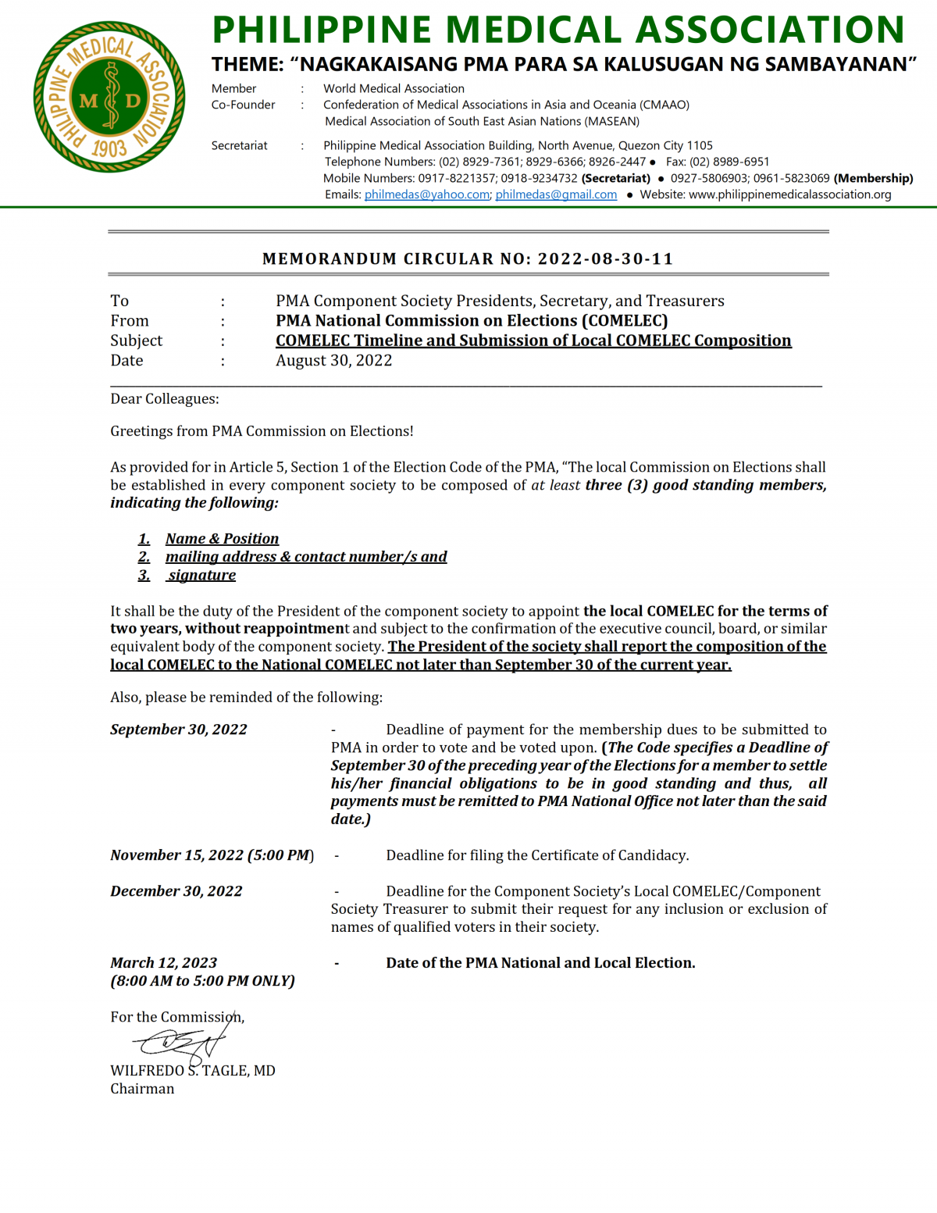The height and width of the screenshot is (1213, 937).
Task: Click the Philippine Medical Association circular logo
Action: tap(109, 97)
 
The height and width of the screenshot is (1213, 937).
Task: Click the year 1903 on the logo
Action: tap(109, 148)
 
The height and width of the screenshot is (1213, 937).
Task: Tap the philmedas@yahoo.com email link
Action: tap(426, 194)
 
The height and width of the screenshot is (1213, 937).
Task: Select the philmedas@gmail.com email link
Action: tap(556, 194)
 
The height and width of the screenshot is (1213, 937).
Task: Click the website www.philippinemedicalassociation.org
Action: tap(789, 194)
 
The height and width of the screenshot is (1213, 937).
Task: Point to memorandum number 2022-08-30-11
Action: tap(605, 259)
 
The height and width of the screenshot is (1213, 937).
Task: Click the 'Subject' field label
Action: tap(137, 341)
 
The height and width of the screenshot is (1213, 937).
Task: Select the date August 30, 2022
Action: tap(333, 360)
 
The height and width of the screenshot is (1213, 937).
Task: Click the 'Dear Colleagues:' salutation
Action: tap(165, 399)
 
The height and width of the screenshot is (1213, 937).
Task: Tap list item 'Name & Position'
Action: tap(222, 539)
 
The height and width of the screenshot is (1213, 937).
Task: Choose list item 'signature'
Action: tap(201, 576)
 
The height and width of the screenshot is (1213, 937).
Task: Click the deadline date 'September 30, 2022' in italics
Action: tap(178, 730)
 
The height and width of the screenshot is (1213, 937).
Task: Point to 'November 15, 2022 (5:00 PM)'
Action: tap(212, 855)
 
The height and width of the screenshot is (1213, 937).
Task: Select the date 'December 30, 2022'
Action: tap(176, 891)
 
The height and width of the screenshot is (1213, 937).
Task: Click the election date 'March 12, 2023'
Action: tap(163, 963)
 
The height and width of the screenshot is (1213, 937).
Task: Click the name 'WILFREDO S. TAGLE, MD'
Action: tap(192, 1071)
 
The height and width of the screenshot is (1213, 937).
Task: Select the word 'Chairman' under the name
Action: tap(142, 1089)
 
